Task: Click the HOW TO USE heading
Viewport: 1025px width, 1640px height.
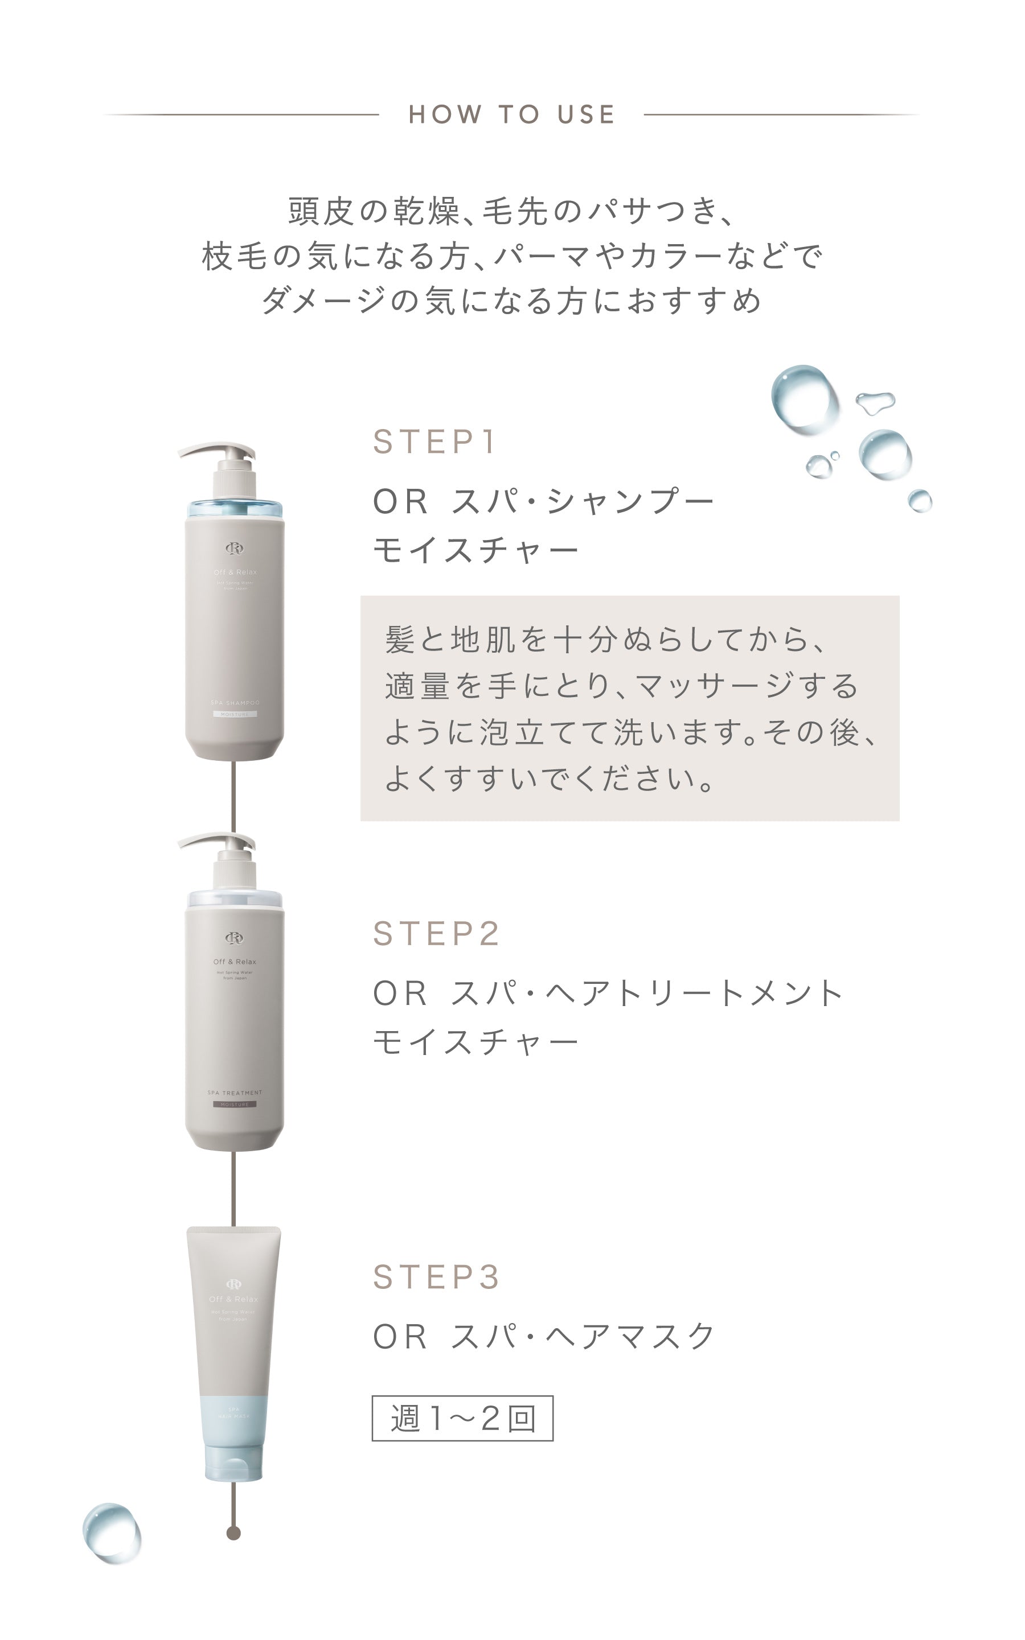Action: [x=512, y=114]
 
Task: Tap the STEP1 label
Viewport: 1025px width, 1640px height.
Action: [x=434, y=442]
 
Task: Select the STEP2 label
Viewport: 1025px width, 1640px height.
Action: [x=436, y=933]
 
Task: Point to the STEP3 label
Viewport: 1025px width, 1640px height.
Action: [x=436, y=1277]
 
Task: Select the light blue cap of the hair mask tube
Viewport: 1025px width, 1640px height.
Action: [x=234, y=1463]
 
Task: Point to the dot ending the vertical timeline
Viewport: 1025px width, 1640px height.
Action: [x=234, y=1533]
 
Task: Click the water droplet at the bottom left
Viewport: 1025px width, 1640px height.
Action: [x=112, y=1533]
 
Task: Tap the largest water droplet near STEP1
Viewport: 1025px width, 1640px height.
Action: [x=805, y=399]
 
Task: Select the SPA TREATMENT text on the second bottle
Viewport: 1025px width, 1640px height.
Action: [x=235, y=1093]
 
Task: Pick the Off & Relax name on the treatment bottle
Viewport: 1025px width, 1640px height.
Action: [x=235, y=962]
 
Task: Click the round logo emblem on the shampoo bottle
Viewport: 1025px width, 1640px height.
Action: [x=235, y=548]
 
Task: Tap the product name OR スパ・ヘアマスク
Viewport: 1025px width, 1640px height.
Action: [x=544, y=1337]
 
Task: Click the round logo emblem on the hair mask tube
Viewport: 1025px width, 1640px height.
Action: [x=234, y=1284]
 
